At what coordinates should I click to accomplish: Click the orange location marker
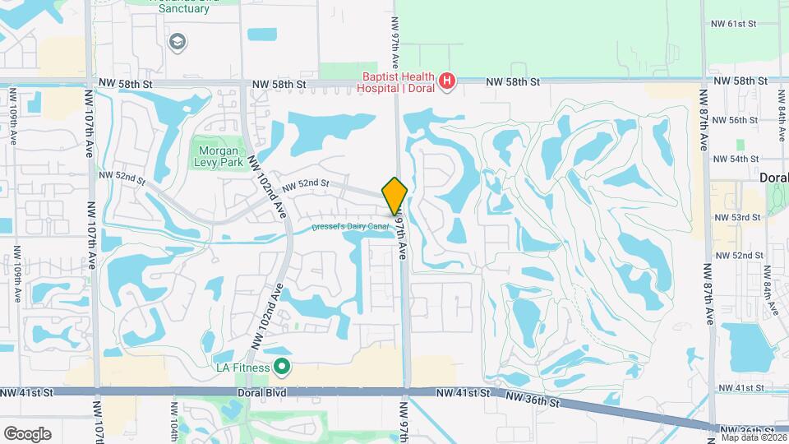(395, 195)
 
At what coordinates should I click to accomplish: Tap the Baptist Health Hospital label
(398, 80)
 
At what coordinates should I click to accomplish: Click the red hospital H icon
(446, 81)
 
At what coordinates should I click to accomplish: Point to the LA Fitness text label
(242, 368)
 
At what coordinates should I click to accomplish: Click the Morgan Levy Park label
(219, 156)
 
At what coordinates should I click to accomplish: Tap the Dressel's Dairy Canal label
(349, 227)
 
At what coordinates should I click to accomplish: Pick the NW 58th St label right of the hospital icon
(512, 82)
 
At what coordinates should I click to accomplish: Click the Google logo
(27, 433)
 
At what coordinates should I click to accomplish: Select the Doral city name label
(773, 178)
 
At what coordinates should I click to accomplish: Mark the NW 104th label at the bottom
(174, 424)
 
